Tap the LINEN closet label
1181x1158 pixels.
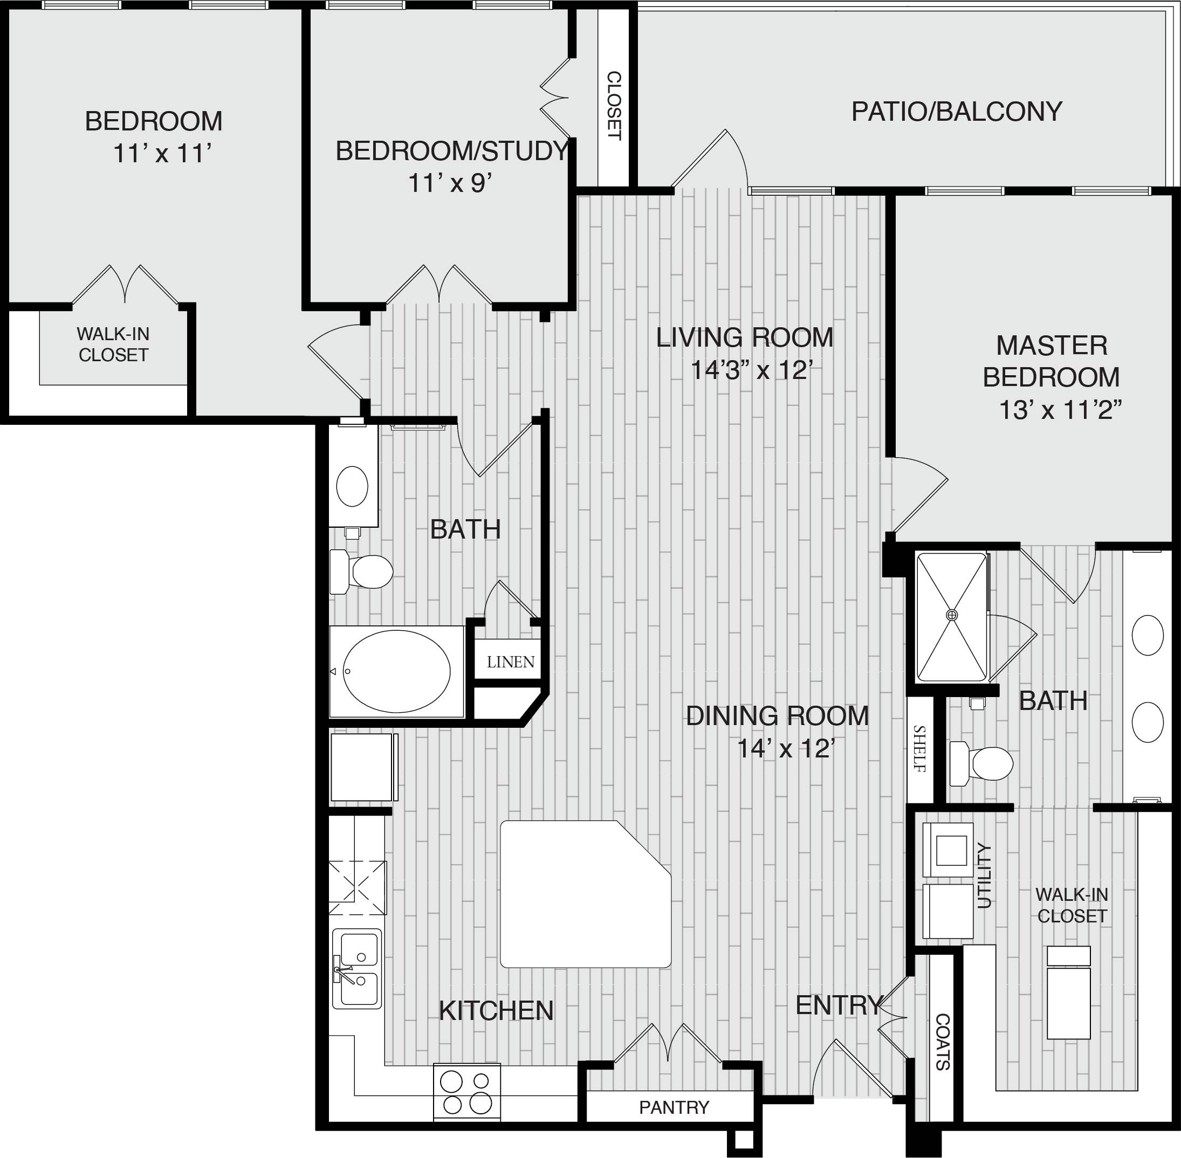point(511,661)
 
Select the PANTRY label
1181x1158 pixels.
point(674,1107)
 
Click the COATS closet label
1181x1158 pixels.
point(943,1042)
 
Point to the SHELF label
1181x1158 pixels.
point(919,749)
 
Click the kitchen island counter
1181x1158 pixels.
point(585,894)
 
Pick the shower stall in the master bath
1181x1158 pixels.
point(952,617)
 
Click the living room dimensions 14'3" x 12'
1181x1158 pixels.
point(752,370)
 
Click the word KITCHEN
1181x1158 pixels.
point(496,1011)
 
